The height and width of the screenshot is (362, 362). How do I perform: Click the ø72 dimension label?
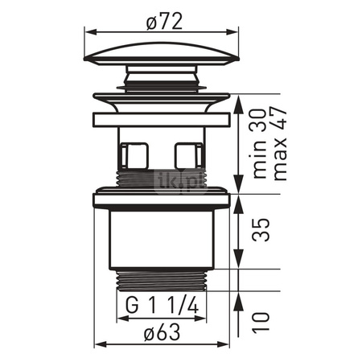(164, 21)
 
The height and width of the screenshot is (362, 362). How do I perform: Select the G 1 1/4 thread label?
(162, 306)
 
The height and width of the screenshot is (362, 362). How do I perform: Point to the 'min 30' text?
(260, 143)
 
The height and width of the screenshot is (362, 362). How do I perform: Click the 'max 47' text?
(280, 144)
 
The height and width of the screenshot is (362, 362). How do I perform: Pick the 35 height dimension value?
(261, 230)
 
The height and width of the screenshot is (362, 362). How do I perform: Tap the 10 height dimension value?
(261, 322)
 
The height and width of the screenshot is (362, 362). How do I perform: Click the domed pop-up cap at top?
(162, 54)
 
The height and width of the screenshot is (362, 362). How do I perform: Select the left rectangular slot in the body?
(134, 156)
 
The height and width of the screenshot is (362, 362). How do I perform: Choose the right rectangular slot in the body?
(188, 156)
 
